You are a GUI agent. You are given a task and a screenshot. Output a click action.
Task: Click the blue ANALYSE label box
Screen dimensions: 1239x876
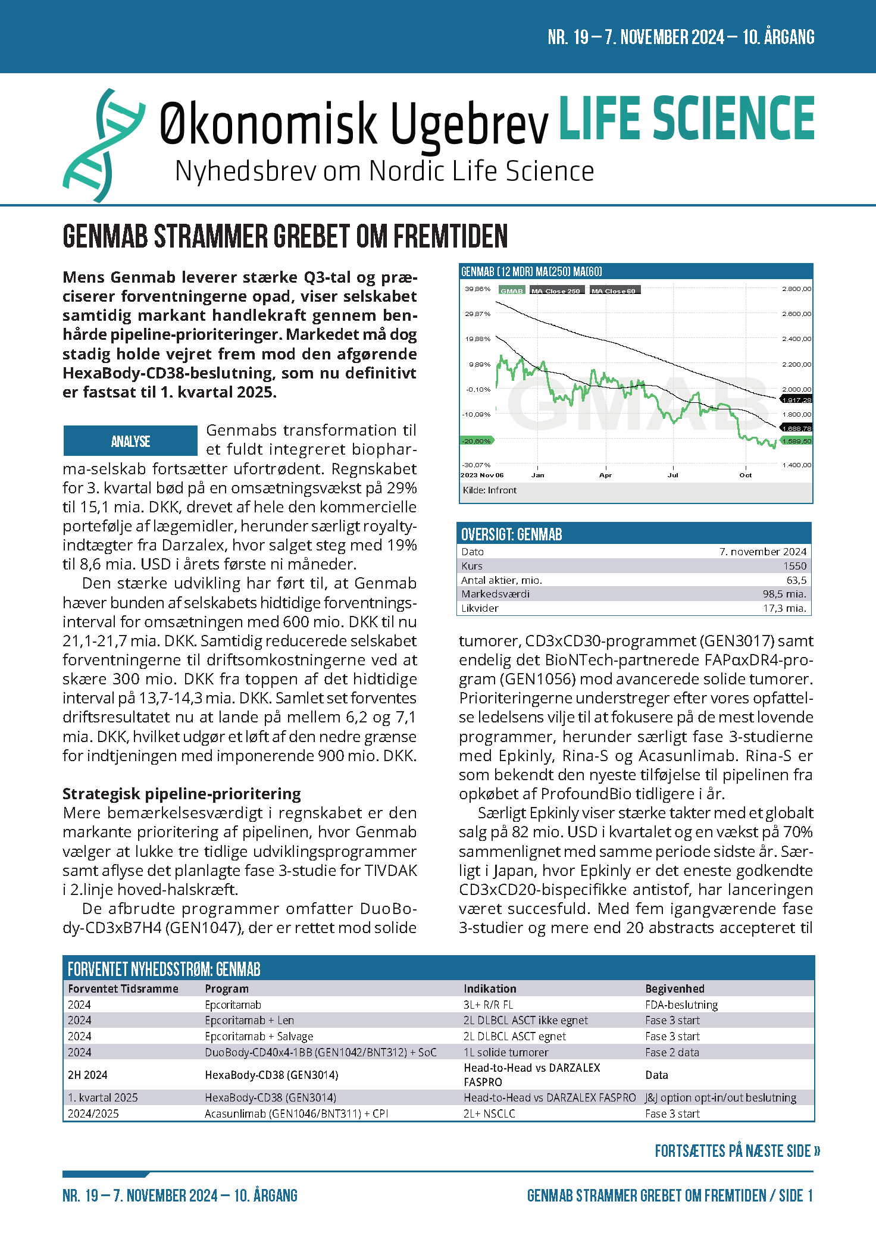(x=130, y=441)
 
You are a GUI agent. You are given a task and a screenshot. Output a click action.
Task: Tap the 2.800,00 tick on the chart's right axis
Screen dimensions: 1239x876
(x=796, y=289)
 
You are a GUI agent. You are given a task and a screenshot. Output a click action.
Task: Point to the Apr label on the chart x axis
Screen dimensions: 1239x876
(x=605, y=475)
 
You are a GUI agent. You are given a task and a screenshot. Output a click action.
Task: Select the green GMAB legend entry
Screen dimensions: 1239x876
(x=511, y=291)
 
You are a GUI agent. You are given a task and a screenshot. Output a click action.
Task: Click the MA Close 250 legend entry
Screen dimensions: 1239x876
(x=555, y=291)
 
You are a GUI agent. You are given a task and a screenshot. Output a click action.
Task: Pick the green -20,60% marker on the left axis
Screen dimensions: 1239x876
(x=477, y=441)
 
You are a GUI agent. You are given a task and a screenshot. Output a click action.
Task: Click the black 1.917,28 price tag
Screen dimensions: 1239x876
(x=796, y=400)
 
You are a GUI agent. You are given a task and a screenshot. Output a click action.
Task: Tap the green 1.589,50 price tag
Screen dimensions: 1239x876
(x=796, y=441)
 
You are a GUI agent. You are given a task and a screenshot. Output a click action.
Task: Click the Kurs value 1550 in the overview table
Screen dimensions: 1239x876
(x=794, y=566)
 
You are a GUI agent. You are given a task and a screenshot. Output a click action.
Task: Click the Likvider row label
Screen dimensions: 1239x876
(x=480, y=608)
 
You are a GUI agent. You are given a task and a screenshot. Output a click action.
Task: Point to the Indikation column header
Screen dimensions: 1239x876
(x=490, y=988)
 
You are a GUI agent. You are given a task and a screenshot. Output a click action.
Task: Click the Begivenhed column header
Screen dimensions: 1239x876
(x=674, y=988)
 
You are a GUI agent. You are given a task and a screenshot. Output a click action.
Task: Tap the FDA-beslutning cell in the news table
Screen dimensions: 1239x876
(x=681, y=1005)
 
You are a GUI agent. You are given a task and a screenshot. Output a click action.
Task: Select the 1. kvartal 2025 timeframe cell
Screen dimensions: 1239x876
(x=102, y=1097)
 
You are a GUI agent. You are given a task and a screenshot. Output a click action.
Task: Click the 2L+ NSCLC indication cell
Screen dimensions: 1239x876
(x=489, y=1113)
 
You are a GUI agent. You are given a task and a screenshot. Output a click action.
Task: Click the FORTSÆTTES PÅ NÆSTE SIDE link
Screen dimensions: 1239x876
(x=737, y=1151)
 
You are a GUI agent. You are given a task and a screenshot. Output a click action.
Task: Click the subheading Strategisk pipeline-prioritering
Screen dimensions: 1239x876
(x=182, y=794)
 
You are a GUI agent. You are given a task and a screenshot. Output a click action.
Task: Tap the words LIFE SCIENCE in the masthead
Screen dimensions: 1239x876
(x=686, y=118)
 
